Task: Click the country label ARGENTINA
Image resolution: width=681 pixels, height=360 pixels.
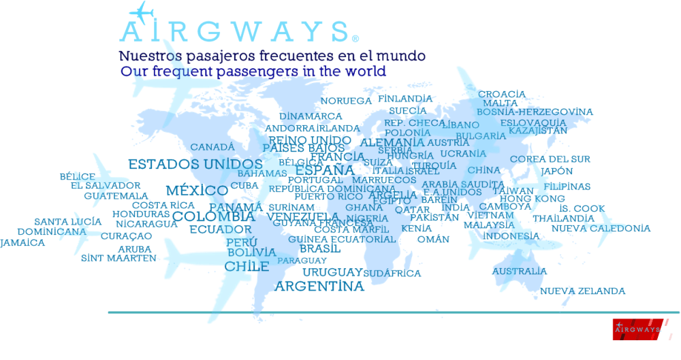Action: [x=319, y=287]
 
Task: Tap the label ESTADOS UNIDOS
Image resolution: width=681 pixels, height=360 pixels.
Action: [x=195, y=165]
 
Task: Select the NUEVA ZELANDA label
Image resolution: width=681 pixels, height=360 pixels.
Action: [x=582, y=291]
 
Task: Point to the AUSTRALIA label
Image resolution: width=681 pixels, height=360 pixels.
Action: [x=519, y=271]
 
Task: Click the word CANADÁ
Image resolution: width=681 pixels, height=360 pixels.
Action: [x=212, y=147]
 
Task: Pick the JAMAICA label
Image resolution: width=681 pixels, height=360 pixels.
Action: [x=22, y=243]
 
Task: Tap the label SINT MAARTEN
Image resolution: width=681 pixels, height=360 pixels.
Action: [x=118, y=259]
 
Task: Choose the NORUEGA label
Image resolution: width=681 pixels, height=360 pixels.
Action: [x=346, y=101]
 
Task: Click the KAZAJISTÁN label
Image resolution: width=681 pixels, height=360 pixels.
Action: [x=538, y=131]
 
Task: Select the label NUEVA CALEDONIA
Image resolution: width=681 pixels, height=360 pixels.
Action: [x=601, y=229]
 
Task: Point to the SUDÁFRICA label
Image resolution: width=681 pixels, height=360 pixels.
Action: [x=392, y=273]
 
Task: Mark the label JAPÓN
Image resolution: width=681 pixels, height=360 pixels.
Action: [x=557, y=171]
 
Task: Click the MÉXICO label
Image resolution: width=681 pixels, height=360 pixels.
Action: [x=197, y=191]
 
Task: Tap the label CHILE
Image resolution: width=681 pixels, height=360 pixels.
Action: [x=247, y=266]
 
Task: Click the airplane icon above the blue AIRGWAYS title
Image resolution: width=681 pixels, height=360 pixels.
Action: [x=141, y=11]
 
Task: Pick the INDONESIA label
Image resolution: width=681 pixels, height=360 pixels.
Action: [x=511, y=236]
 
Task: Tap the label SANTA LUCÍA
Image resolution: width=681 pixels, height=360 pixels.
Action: [x=68, y=222]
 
